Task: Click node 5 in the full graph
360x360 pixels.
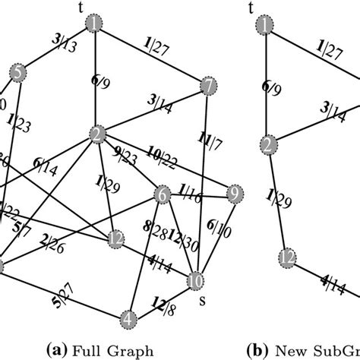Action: pyautogui.click(x=17, y=72)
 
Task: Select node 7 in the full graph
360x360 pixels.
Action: pyautogui.click(x=207, y=87)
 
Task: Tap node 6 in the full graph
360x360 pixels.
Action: pyautogui.click(x=161, y=194)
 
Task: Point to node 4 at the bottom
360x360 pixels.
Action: pyautogui.click(x=129, y=317)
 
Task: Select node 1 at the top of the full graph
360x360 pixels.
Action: pyautogui.click(x=95, y=25)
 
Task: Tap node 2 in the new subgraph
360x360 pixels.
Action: pyautogui.click(x=267, y=143)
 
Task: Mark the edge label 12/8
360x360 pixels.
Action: pyautogui.click(x=166, y=305)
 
